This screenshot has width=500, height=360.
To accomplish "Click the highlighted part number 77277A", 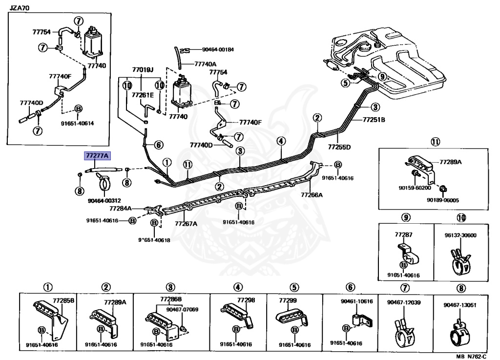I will coord(98,156).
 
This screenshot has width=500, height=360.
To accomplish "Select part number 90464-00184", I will coord(218,49).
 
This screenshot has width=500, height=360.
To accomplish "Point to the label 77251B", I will coord(374,119).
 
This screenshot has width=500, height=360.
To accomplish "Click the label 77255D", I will coord(339,146).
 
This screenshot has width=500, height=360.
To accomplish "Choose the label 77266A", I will coord(312,194).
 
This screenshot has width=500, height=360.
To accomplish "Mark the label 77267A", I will coord(186,224).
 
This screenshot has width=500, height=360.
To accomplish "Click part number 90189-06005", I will coord(443,200).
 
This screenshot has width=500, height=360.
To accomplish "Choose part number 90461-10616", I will coord(356,301).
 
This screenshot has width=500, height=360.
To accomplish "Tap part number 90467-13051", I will coord(460,305).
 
